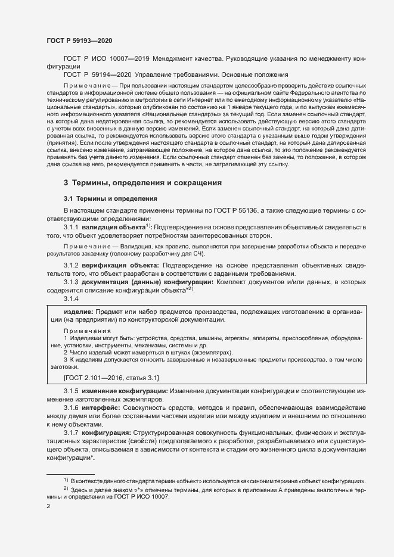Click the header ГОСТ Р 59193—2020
pyautogui.click(x=79, y=41)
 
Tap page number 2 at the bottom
pyautogui.click(x=48, y=507)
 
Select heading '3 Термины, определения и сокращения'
pyautogui.click(x=143, y=182)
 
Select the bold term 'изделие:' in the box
pyautogui.click(x=78, y=312)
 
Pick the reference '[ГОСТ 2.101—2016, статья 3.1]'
pyautogui.click(x=111, y=378)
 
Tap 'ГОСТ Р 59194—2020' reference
pyautogui.click(x=98, y=74)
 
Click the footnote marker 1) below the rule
pyautogui.click(x=65, y=480)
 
